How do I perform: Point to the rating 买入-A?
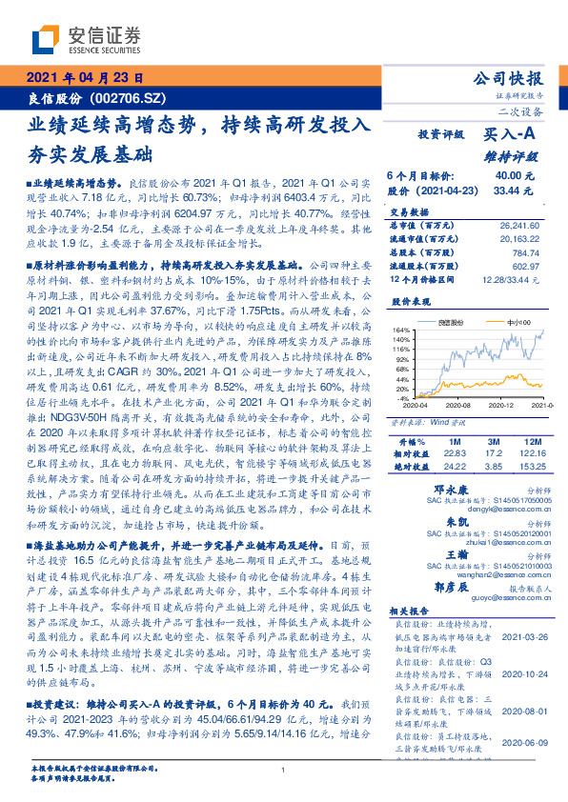(510, 135)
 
